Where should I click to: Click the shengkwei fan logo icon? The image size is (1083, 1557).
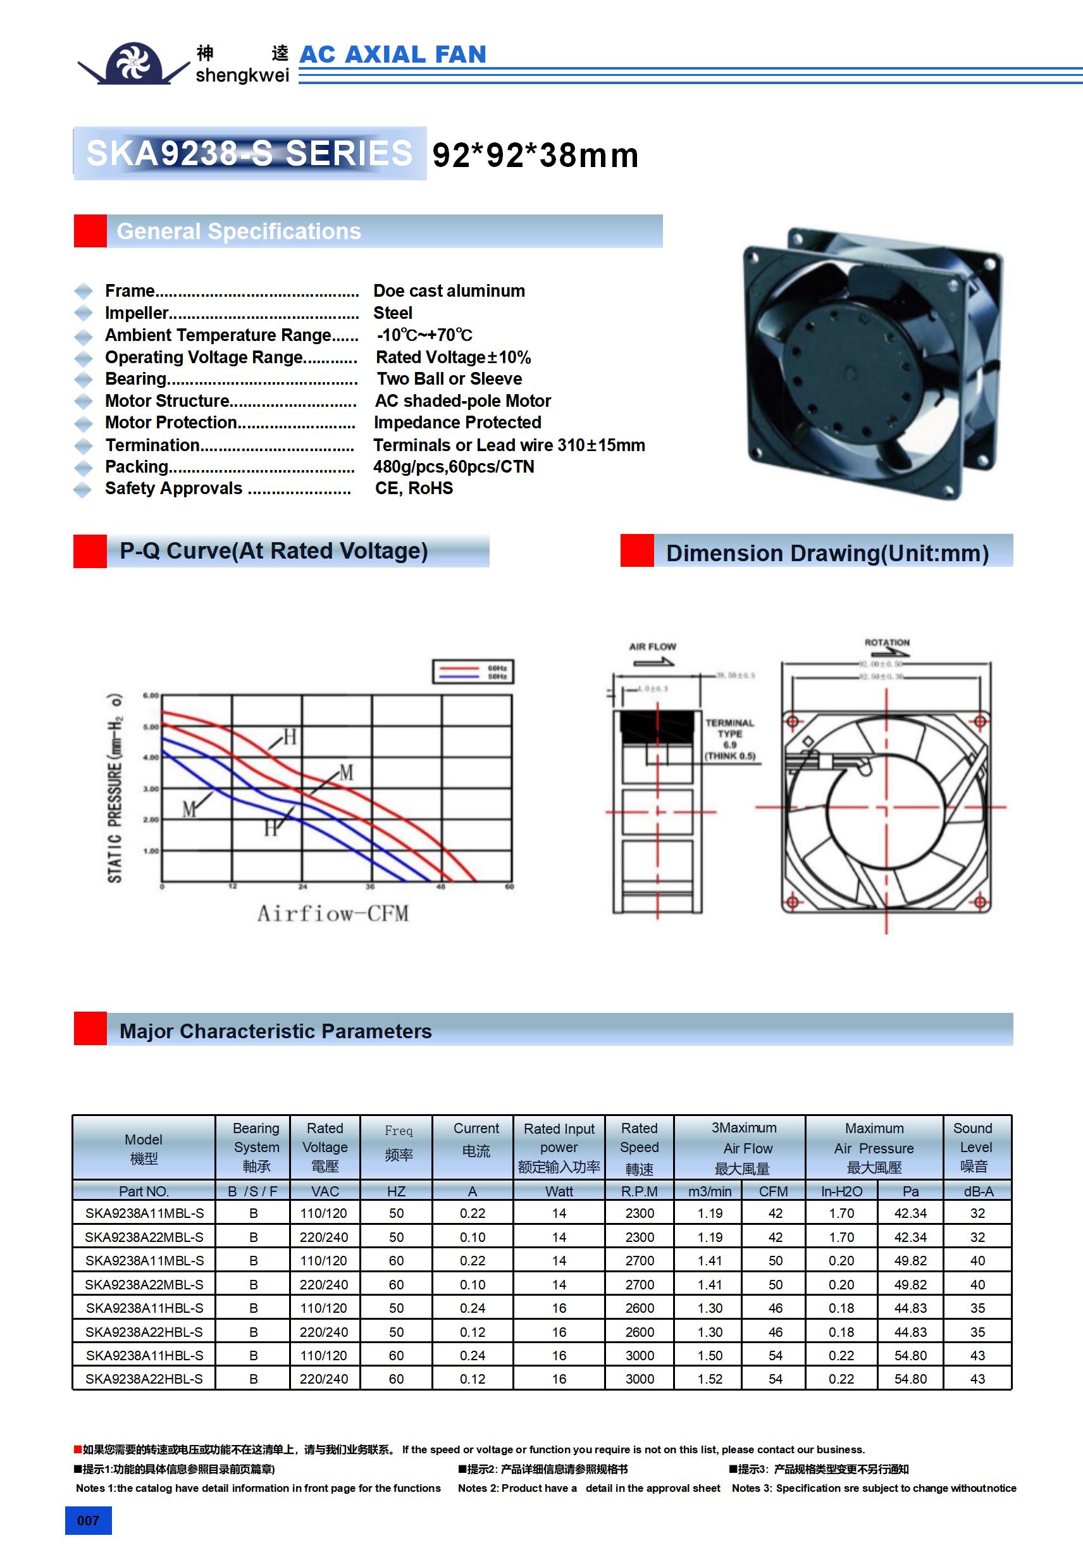[x=133, y=63]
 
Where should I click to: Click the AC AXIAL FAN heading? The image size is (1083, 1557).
[x=393, y=54]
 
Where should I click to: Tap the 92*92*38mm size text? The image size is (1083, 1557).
[x=535, y=155]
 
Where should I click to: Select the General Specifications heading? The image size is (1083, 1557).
[x=238, y=232]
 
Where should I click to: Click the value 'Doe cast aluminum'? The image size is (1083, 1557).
[x=449, y=291]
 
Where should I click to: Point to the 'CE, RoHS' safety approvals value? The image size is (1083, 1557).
[x=414, y=488]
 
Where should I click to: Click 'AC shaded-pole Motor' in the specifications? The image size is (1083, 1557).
[x=462, y=400]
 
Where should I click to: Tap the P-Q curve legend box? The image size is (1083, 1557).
[x=473, y=671]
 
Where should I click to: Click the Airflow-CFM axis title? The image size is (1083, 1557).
[x=332, y=914]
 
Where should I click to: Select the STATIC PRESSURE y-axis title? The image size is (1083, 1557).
[x=114, y=788]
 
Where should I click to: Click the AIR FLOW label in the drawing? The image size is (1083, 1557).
[x=652, y=646]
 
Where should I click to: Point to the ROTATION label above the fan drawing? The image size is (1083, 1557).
[x=886, y=642]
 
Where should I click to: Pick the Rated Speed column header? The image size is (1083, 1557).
[x=639, y=1148]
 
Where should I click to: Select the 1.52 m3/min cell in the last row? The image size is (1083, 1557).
[x=710, y=1379]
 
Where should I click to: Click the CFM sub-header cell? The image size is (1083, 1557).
[x=773, y=1191]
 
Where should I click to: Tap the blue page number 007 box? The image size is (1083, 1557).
[x=88, y=1520]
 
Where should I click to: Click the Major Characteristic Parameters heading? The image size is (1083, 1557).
[x=275, y=1031]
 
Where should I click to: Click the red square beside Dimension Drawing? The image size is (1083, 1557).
[x=637, y=550]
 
